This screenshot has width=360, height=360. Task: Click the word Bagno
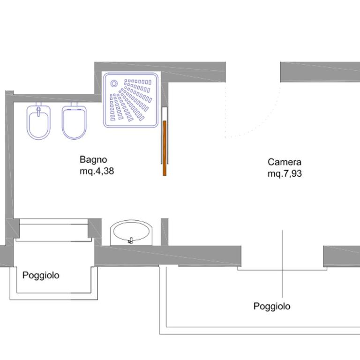(93, 159)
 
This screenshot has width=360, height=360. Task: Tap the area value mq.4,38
(97, 171)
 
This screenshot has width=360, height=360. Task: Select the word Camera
(284, 162)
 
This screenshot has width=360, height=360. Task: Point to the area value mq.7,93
(285, 174)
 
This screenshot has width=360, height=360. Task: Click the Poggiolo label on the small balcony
(41, 275)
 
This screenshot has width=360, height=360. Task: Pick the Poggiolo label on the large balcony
(272, 306)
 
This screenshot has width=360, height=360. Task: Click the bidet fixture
(38, 122)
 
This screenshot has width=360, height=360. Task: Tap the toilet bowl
(74, 122)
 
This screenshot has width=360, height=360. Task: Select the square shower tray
(131, 100)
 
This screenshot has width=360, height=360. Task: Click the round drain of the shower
(114, 83)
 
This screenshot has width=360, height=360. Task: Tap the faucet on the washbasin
(131, 240)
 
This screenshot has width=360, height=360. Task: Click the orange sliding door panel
(165, 148)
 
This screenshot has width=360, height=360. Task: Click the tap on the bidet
(38, 111)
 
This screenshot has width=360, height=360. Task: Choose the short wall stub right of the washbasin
(165, 232)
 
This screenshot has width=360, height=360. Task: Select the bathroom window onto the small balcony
(54, 230)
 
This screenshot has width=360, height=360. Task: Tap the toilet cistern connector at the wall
(74, 105)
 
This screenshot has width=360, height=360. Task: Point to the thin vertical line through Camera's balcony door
(282, 264)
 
